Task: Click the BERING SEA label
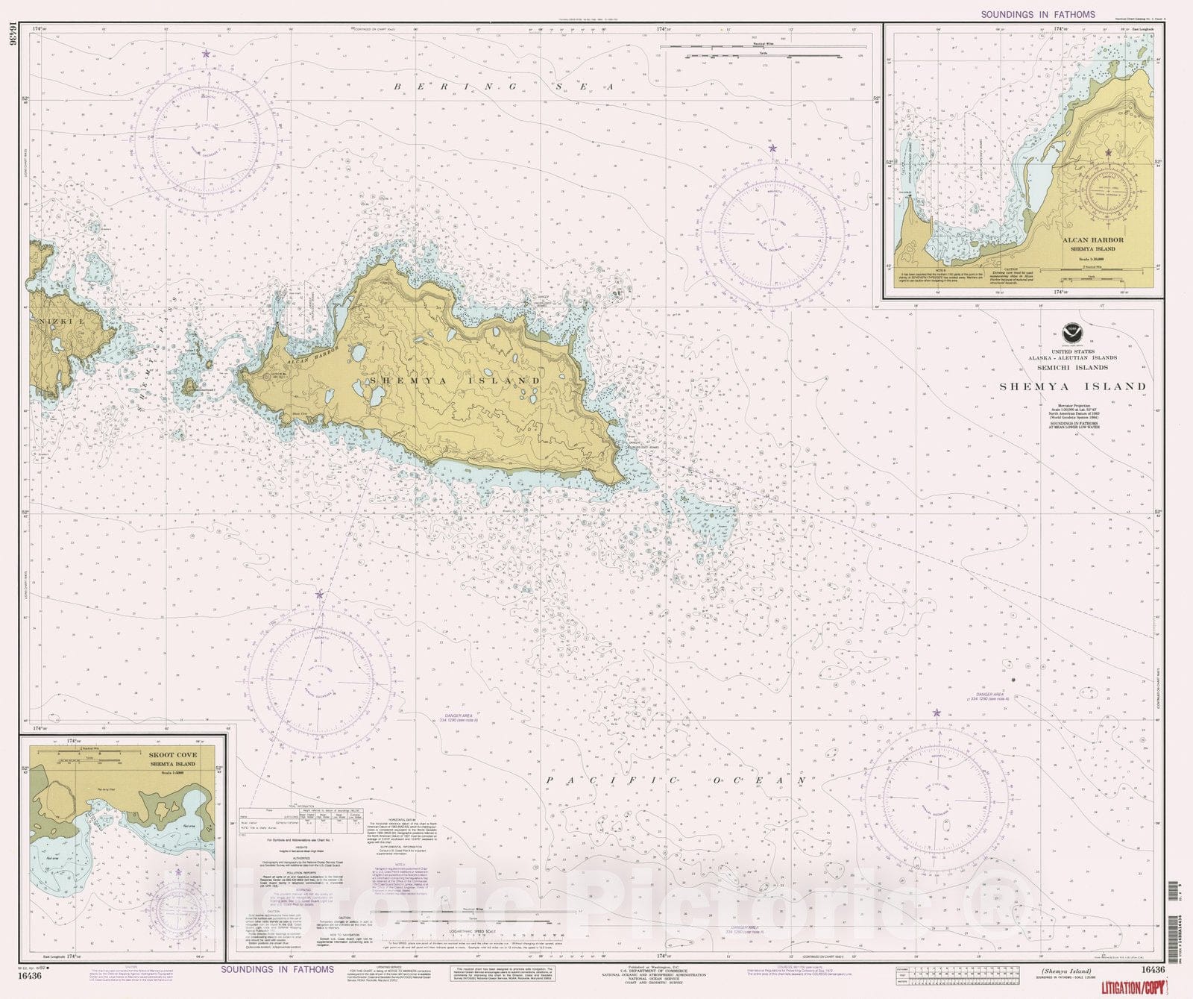504,87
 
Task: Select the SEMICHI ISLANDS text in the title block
1072,367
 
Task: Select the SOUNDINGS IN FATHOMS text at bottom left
277,969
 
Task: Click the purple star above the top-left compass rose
207,54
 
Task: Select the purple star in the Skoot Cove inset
177,872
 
